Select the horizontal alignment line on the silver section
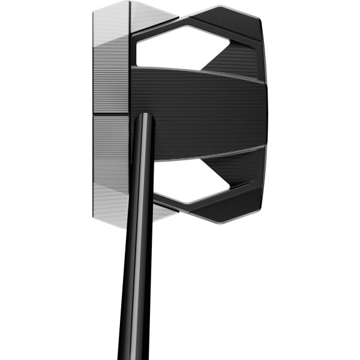tap(111, 115)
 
